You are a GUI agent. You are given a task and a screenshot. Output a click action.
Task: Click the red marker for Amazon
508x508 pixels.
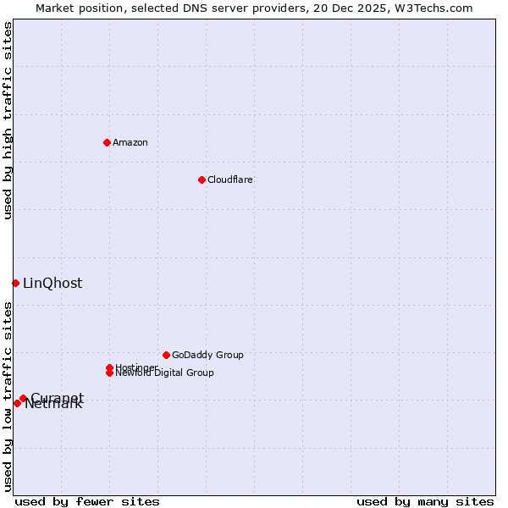(107, 142)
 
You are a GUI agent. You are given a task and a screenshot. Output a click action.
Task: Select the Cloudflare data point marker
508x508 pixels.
(202, 179)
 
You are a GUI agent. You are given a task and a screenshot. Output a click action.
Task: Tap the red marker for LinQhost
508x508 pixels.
(15, 283)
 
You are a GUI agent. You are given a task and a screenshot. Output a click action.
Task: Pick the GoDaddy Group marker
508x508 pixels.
(166, 355)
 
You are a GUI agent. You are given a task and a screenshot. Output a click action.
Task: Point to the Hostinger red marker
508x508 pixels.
(109, 367)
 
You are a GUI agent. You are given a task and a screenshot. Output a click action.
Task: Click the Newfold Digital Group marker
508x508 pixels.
(109, 373)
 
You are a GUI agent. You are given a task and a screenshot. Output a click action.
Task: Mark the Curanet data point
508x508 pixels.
(23, 398)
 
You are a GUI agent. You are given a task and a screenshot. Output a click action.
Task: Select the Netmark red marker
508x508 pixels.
(17, 403)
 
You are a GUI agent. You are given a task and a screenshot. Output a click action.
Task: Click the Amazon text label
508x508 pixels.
(130, 142)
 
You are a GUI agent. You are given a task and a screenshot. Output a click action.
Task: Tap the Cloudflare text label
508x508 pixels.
(230, 179)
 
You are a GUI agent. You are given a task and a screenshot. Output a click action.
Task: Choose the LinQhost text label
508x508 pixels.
(52, 284)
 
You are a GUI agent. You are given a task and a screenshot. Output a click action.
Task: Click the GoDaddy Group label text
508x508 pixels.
(207, 355)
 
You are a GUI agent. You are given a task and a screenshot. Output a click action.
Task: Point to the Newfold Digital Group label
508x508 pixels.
(165, 373)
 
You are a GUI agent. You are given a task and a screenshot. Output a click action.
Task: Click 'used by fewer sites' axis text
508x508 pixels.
(87, 501)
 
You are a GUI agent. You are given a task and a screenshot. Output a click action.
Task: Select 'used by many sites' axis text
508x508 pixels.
(425, 501)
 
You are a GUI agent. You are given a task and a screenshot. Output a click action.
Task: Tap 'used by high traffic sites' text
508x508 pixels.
(8, 121)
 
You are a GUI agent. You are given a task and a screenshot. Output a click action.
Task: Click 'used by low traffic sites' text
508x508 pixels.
(8, 396)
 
